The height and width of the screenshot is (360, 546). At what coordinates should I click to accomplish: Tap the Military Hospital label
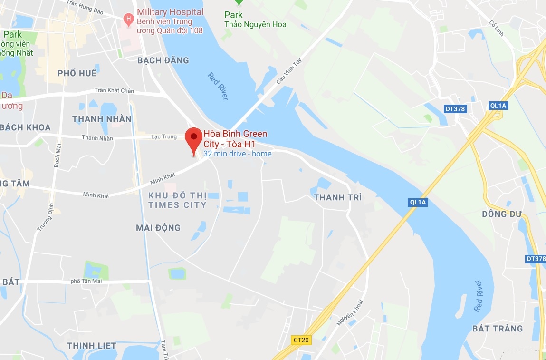point(170,12)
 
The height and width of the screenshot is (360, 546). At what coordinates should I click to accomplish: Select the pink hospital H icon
point(127,19)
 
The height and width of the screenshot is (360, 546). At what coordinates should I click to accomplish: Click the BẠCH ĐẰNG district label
point(163,60)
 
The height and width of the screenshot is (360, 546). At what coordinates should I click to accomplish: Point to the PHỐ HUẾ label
point(77,73)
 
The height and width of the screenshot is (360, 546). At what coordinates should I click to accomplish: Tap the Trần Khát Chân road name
point(114,90)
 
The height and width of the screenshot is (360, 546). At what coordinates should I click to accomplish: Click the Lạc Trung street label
point(164,137)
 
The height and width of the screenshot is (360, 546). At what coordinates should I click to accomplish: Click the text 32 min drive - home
point(238,154)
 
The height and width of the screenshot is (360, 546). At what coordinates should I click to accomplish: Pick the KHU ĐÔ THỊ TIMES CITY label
point(177,200)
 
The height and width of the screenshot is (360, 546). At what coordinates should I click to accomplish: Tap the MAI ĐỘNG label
point(158,228)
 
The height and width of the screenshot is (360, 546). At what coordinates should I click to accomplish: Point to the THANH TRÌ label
point(338,197)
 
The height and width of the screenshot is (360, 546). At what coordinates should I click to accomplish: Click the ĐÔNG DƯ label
point(501,214)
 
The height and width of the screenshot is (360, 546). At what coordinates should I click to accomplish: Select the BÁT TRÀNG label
point(498,329)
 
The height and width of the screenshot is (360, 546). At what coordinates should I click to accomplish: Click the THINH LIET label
point(92,346)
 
